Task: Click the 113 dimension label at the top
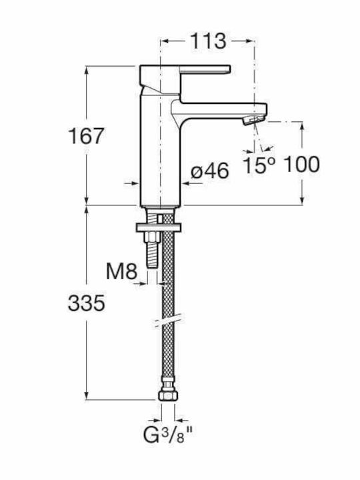208,41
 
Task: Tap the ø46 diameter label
210,171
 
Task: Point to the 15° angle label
259,165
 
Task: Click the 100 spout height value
302,165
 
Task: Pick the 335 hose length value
86,303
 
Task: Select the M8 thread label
121,271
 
